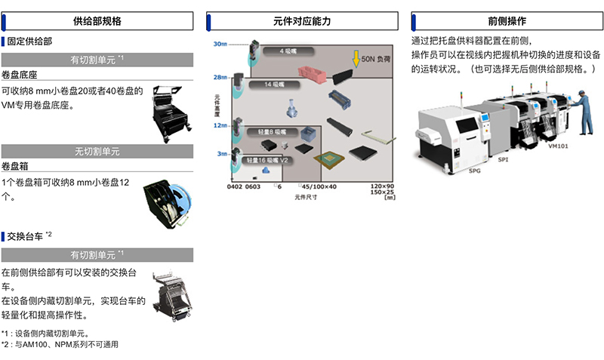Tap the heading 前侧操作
tap(507, 20)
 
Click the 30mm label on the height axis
tap(220, 45)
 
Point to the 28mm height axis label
tap(220, 77)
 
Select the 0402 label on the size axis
tap(235, 186)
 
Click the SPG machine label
tap(474, 171)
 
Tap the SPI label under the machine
tap(504, 159)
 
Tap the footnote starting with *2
tap(60, 344)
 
